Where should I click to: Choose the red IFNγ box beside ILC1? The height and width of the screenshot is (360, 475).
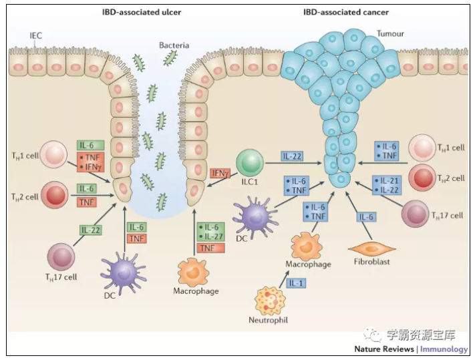[220, 174]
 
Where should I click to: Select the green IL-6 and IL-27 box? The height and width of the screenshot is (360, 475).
[210, 232]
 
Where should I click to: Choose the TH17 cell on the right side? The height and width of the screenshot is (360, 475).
[418, 214]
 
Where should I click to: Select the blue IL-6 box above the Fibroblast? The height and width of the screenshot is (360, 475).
[366, 216]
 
